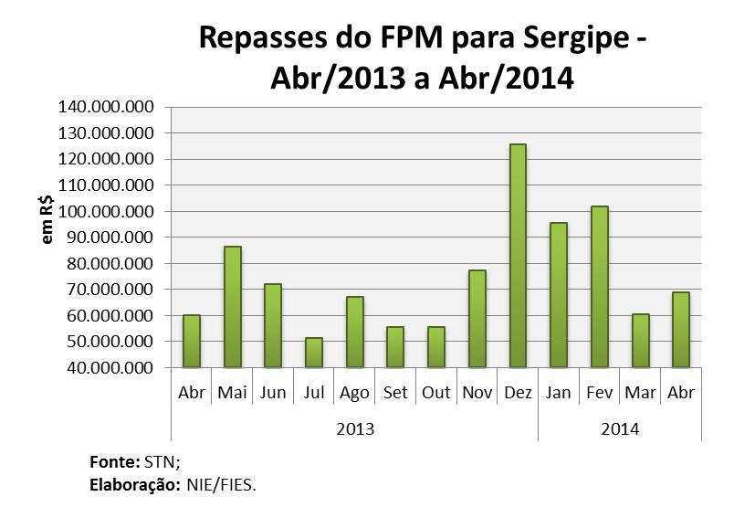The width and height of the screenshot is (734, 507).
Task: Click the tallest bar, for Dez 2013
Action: pyautogui.click(x=518, y=256)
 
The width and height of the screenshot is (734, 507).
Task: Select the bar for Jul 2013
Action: pyautogui.click(x=314, y=353)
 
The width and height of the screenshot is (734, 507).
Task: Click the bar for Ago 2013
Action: pyautogui.click(x=354, y=332)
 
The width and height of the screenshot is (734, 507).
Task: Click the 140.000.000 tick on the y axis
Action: pyautogui.click(x=106, y=107)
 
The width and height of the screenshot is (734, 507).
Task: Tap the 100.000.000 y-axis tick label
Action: pyautogui.click(x=106, y=211)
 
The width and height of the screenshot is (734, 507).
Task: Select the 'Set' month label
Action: pyautogui.click(x=395, y=394)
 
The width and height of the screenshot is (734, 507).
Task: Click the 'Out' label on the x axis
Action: pyautogui.click(x=436, y=394)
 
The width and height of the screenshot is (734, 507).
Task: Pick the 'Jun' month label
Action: pyautogui.click(x=273, y=394)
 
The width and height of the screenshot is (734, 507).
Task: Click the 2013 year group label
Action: pyautogui.click(x=354, y=428)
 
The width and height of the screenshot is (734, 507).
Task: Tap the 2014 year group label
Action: pyautogui.click(x=620, y=428)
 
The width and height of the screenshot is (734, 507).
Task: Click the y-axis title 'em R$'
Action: pyautogui.click(x=47, y=222)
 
